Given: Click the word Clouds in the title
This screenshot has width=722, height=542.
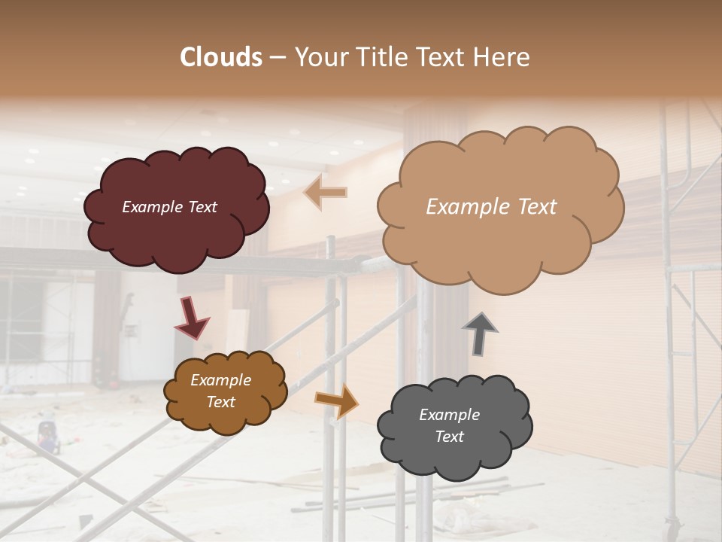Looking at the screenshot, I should point(221,57).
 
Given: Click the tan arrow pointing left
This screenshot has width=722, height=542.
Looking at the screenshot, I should point(326,193).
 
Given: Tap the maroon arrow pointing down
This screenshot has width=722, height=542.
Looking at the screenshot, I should point(191,318).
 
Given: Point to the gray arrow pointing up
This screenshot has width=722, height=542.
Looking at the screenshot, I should point(479,333).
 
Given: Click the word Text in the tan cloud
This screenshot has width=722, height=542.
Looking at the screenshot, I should point(530,207).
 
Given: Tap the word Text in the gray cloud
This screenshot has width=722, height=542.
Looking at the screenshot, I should point(449,437).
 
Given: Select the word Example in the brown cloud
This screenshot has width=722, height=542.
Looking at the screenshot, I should point(220,380).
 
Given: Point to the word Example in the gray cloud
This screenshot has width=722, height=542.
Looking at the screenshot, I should point(449,415).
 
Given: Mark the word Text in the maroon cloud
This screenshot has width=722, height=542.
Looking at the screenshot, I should point(203,207).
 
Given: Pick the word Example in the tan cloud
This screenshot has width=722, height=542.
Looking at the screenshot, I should point(461,207).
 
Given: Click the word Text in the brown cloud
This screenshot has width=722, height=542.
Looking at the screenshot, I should point(220,402).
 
